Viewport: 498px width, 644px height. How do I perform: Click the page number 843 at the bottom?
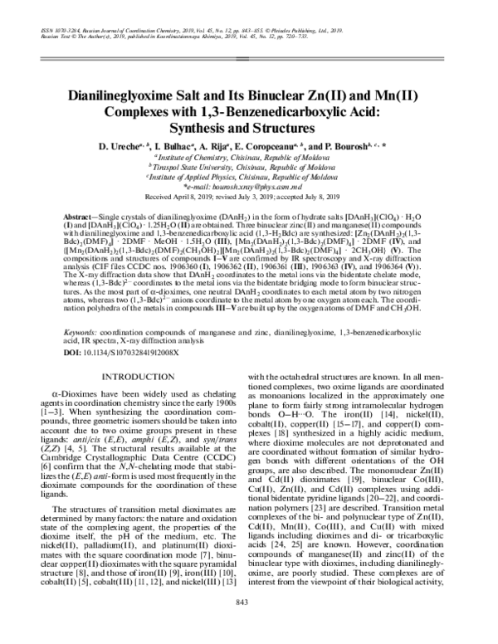[248, 625]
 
